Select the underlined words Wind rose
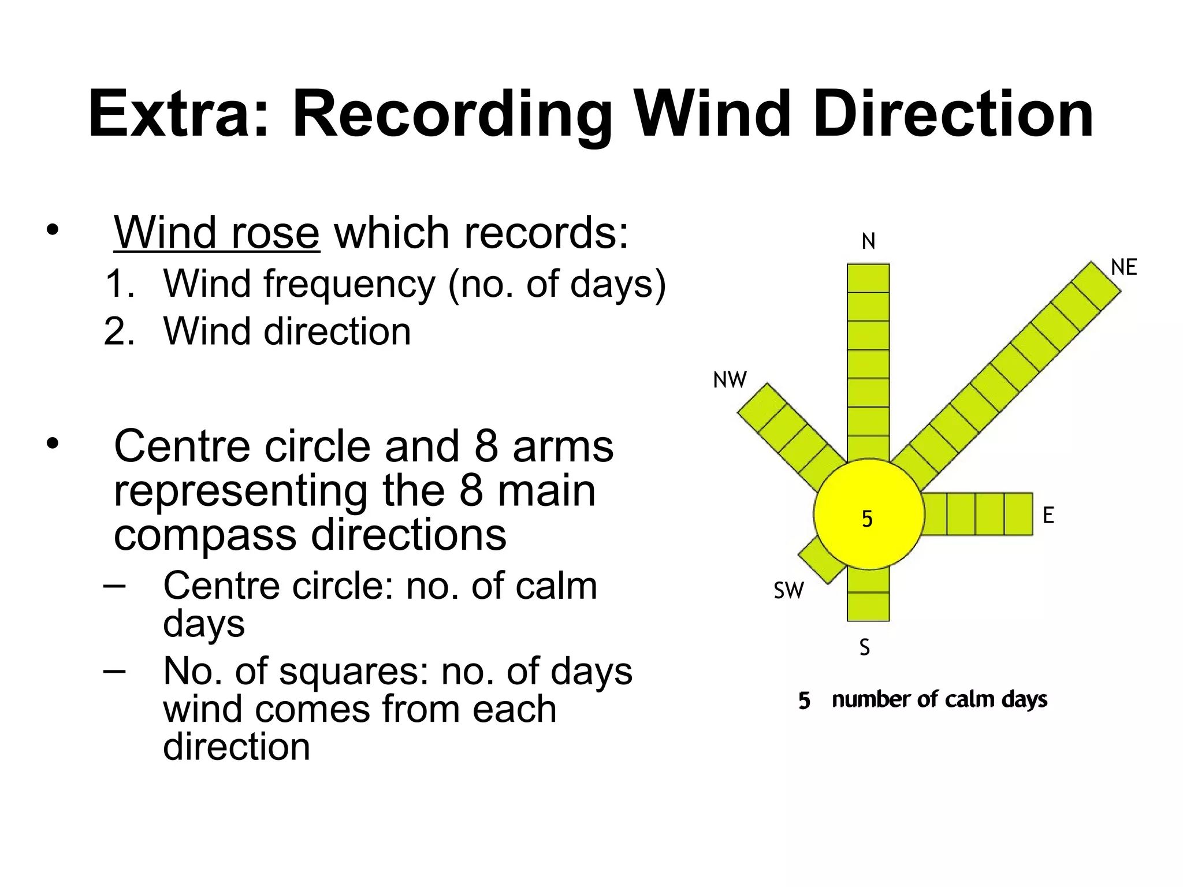pyautogui.click(x=216, y=233)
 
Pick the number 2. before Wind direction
pyautogui.click(x=120, y=331)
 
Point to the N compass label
pyautogui.click(x=868, y=241)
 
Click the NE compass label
pyautogui.click(x=1124, y=267)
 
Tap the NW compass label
pyautogui.click(x=730, y=380)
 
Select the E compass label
pyautogui.click(x=1048, y=515)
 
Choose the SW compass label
pyautogui.click(x=788, y=591)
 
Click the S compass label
pyautogui.click(x=864, y=647)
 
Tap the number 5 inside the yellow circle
pyautogui.click(x=867, y=519)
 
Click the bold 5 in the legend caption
pyautogui.click(x=804, y=700)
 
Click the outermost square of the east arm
pyautogui.click(x=1018, y=514)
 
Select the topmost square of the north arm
pyautogui.click(x=868, y=278)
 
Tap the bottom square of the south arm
pyautogui.click(x=868, y=606)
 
